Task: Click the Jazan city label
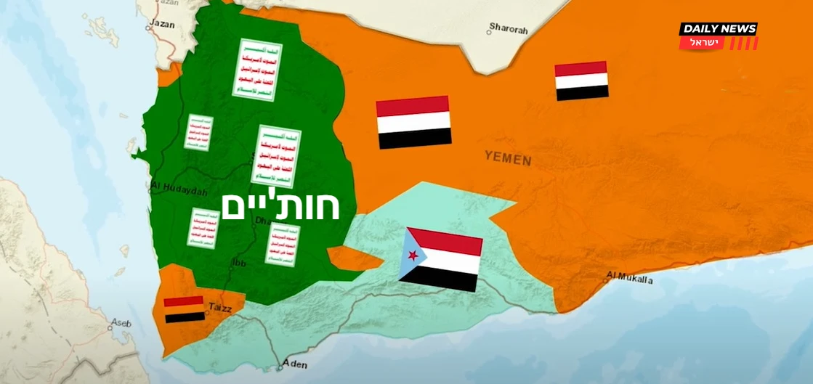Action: pos(162,24)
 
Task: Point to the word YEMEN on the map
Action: pos(508,158)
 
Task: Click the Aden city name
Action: pos(295,364)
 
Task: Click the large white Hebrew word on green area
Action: pos(281,206)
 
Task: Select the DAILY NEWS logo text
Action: pos(718,29)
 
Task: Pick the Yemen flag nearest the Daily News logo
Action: pos(581,81)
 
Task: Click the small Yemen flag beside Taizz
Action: pos(184,309)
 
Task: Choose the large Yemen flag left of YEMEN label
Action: pos(413,122)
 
